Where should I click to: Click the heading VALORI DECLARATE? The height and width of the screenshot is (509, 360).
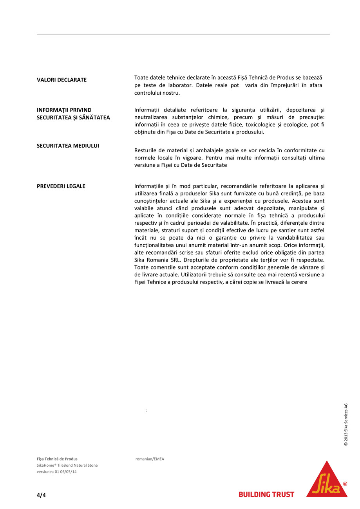click(x=62, y=80)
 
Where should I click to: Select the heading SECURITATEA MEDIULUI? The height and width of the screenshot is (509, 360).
click(x=68, y=146)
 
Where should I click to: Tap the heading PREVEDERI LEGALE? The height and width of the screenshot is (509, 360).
click(x=61, y=186)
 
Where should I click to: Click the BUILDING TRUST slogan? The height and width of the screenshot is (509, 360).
click(x=266, y=495)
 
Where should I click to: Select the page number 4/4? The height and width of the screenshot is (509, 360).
click(x=41, y=495)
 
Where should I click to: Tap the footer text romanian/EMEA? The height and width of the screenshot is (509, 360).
click(x=150, y=459)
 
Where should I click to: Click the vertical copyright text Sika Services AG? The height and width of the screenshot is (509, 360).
click(x=346, y=424)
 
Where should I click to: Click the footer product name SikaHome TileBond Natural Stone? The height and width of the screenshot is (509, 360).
click(x=67, y=466)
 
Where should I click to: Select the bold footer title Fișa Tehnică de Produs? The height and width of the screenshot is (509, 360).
click(x=57, y=459)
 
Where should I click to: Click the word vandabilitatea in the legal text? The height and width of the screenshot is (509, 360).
click(x=298, y=238)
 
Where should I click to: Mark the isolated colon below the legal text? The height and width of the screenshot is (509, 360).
click(x=146, y=411)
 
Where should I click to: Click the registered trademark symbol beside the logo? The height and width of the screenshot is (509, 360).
click(x=345, y=484)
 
